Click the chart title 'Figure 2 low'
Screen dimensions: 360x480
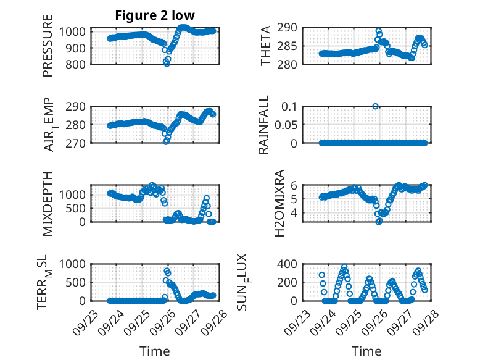click(x=155, y=16)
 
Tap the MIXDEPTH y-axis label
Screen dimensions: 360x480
click(x=48, y=203)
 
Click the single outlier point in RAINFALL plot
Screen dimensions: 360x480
click(x=376, y=106)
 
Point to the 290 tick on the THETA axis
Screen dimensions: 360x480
click(x=291, y=27)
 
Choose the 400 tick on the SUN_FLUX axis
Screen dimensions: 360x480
click(x=291, y=264)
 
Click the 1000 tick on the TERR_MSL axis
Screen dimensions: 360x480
click(x=75, y=264)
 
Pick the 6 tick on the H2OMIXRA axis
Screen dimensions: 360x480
click(x=294, y=185)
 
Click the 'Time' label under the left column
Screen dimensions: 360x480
click(x=155, y=351)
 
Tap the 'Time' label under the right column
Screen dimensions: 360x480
click(x=366, y=351)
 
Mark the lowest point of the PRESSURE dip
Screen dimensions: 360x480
click(x=167, y=64)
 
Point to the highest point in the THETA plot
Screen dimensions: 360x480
click(x=379, y=30)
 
